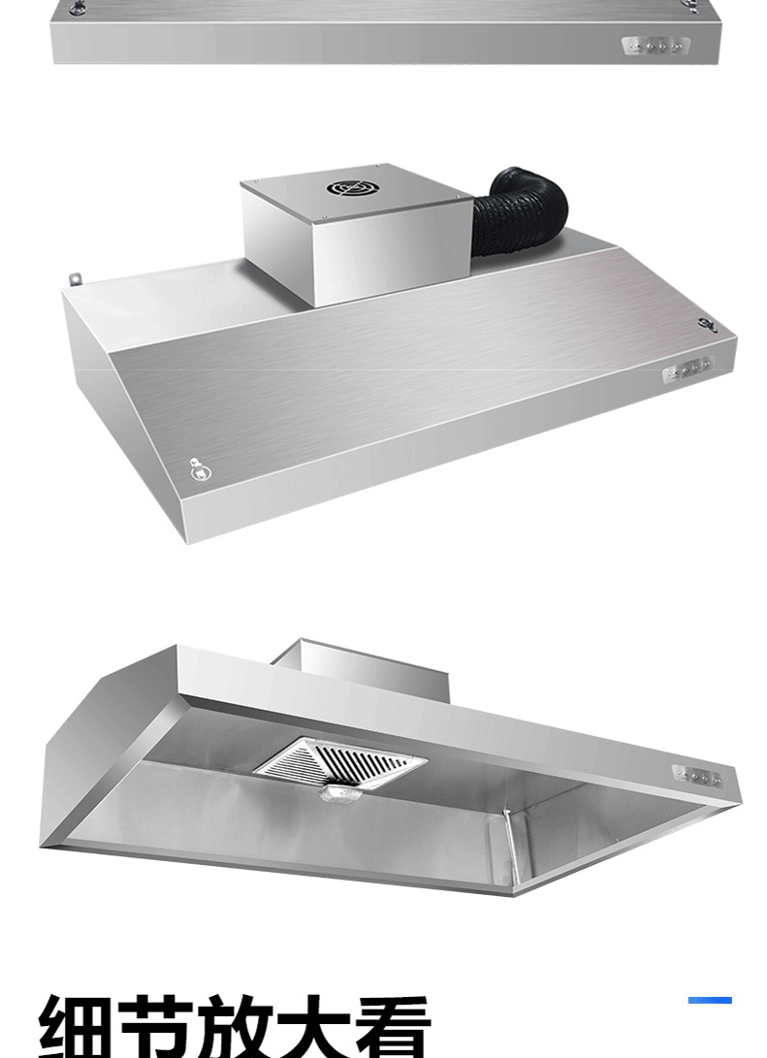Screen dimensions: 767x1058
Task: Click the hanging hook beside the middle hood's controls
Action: coord(707,325)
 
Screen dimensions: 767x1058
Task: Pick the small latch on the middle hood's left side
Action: coord(199,468)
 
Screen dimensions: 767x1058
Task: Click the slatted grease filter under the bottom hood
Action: coord(340,762)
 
